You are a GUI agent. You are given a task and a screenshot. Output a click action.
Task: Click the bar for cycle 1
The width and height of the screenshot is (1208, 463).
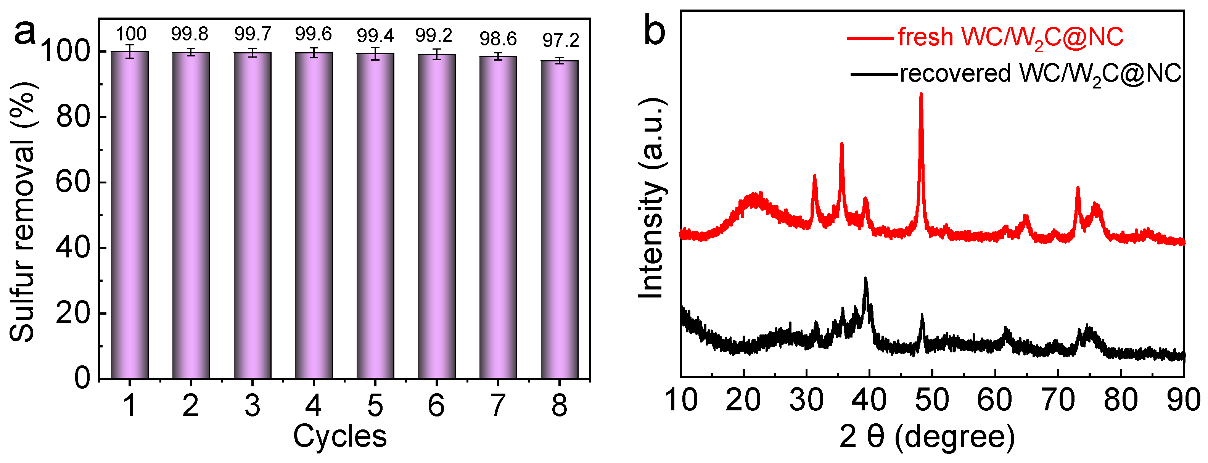[130, 216]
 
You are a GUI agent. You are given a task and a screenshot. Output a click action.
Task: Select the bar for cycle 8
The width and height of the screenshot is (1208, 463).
[560, 220]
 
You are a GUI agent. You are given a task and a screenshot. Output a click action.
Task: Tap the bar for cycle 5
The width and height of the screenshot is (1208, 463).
[375, 217]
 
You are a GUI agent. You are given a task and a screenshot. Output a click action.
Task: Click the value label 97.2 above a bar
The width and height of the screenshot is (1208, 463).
[561, 40]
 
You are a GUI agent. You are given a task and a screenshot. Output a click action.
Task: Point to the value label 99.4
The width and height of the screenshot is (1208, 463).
[375, 35]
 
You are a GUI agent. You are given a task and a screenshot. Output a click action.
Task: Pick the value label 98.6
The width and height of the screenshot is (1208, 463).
[498, 39]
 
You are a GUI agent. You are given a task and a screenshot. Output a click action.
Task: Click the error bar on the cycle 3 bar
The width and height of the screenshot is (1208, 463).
[253, 53]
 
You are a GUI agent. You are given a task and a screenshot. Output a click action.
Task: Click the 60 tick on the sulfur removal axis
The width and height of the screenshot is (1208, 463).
[73, 182]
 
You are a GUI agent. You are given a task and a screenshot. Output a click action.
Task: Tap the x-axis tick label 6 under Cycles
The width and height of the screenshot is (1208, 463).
[436, 406]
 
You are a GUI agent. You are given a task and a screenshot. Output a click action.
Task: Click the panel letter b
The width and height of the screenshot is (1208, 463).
[655, 31]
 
